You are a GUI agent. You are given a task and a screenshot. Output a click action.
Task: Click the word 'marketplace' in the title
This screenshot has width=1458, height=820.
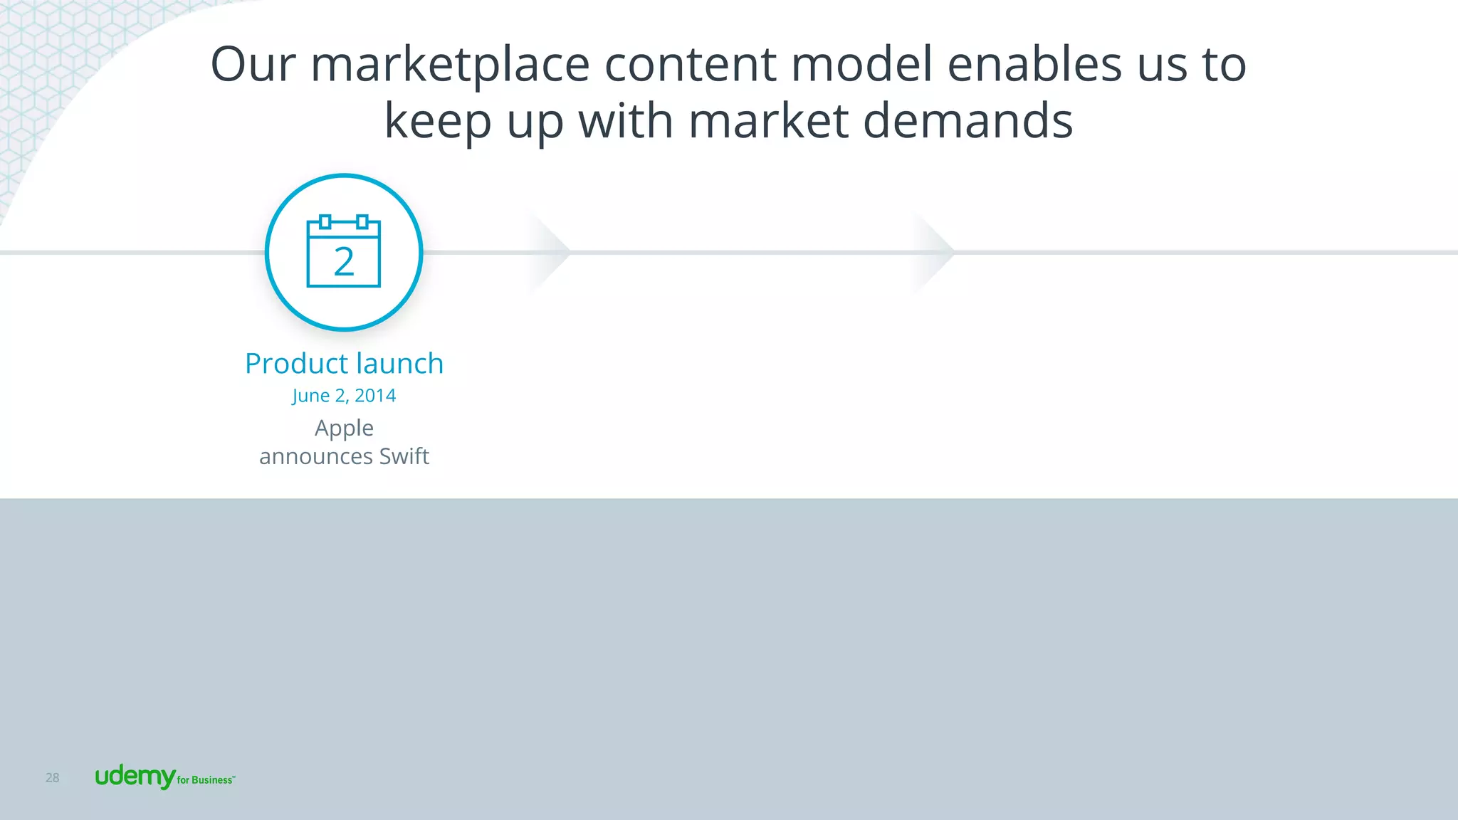point(450,65)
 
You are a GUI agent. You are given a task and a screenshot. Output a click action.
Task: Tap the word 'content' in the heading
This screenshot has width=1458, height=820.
point(690,65)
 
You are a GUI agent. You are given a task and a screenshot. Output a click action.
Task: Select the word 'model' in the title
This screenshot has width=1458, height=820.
point(861,65)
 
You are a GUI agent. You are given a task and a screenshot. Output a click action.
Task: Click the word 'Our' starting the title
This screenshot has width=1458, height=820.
point(253,65)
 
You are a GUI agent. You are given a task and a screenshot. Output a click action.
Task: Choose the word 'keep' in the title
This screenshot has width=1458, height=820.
point(437,122)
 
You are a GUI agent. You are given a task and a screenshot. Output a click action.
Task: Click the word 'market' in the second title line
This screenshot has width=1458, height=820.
point(768,120)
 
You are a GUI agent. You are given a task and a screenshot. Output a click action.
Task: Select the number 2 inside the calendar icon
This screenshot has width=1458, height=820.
point(344,262)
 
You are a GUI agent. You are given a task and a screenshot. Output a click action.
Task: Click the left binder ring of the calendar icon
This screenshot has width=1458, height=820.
point(325,221)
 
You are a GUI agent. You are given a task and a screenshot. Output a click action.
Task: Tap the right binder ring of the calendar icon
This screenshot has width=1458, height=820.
point(362,221)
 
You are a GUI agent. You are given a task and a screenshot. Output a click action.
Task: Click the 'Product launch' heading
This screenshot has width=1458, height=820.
point(344,364)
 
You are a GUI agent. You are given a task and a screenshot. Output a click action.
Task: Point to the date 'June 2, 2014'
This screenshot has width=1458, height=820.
point(344,396)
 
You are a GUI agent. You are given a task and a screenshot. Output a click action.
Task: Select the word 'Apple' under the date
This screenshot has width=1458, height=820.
point(344,428)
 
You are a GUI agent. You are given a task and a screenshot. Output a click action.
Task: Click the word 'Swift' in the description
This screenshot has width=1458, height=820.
point(404,456)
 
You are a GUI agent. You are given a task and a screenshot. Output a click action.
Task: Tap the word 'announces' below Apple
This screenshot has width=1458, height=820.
point(315,456)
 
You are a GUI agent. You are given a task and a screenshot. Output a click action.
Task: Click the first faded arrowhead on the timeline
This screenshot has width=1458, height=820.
point(550,252)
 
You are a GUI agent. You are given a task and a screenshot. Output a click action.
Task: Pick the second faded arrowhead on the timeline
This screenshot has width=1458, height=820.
point(935,252)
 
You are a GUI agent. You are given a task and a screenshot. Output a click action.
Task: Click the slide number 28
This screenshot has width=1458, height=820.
point(53,778)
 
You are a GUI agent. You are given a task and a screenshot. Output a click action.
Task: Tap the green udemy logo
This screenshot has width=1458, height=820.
point(135,777)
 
